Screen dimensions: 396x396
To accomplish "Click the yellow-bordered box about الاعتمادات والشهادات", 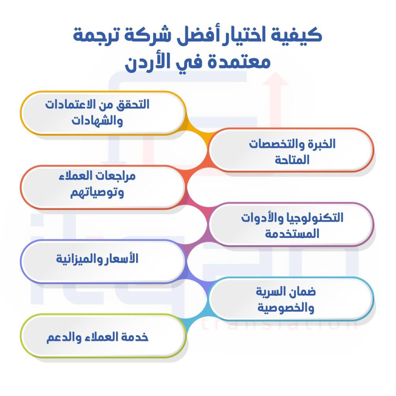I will pos(102,113).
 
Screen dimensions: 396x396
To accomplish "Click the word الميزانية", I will pos(78,259).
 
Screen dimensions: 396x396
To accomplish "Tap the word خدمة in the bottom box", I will pos(136,336).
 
